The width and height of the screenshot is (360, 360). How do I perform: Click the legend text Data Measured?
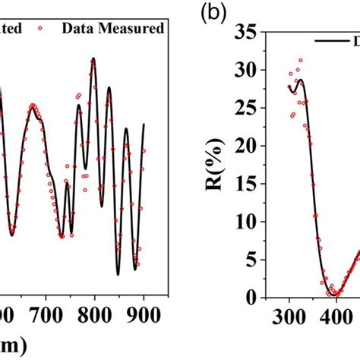(x=118, y=28)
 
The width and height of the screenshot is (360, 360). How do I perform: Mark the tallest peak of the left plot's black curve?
(x=93, y=59)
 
